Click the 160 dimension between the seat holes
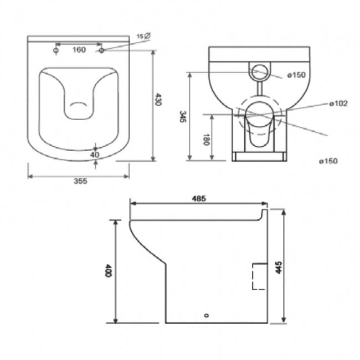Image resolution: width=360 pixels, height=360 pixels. [79, 50]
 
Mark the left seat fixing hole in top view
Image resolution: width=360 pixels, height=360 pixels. [55, 50]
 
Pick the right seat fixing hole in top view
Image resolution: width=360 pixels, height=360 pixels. [102, 50]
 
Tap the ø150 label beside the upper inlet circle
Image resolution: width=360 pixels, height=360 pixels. [295, 75]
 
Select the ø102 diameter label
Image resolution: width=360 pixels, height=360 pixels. [338, 104]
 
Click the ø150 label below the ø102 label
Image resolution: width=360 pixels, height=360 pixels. [328, 161]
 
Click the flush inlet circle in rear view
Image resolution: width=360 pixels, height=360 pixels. [259, 72]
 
